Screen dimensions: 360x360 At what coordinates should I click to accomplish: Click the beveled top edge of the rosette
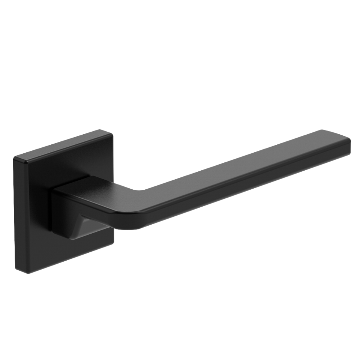[x=60, y=143]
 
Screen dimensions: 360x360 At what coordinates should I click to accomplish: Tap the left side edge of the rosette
[x=15, y=214]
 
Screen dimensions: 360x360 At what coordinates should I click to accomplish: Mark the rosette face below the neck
[x=75, y=244]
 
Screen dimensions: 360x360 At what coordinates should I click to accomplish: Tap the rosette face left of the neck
[x=34, y=210]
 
